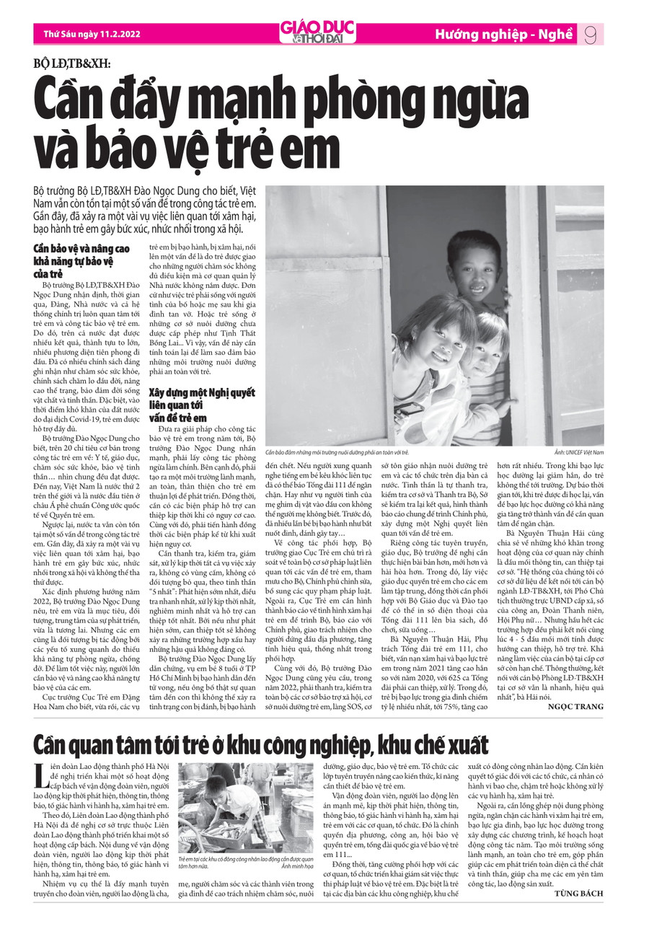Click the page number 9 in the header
[590, 34]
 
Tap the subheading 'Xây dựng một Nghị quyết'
[202, 392]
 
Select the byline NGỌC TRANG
[576, 706]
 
